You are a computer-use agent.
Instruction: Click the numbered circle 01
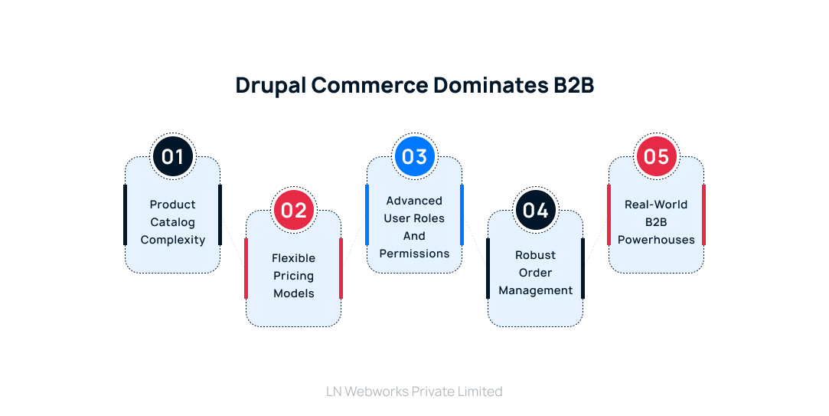pos(172,156)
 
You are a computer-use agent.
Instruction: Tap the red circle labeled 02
pos(293,210)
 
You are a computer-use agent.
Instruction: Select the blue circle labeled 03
pos(414,156)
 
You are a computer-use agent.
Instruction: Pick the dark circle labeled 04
pos(535,210)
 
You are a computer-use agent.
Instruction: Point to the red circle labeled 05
pos(656,156)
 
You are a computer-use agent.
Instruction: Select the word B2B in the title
pos(573,86)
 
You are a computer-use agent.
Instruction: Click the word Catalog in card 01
pos(172,222)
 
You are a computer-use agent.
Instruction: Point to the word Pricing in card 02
pos(293,276)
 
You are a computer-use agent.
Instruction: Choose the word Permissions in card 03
pos(414,254)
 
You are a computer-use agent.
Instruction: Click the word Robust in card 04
pos(535,255)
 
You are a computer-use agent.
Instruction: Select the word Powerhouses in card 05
pos(656,240)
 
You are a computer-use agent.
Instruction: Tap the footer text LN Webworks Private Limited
pos(414,391)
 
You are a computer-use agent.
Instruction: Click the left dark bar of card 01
pos(126,215)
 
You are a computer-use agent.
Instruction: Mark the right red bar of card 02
pos(341,268)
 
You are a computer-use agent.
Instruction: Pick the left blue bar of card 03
pos(367,215)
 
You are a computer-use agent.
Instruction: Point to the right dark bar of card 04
pos(583,268)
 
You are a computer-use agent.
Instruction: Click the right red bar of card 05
pos(703,215)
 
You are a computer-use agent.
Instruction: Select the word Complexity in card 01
pos(172,240)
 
